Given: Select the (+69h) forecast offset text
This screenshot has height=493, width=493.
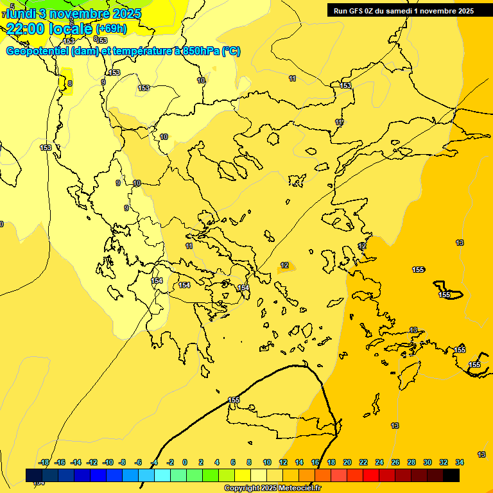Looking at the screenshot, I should point(111,29).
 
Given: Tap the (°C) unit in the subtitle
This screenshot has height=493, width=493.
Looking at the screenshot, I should point(231,51).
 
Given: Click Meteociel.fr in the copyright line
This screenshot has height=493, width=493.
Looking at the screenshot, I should point(298,489).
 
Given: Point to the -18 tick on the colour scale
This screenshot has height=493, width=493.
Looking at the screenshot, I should point(44,462).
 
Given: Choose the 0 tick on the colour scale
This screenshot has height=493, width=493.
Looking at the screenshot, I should point(185,462).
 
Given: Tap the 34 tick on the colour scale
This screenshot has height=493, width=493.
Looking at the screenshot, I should point(460,462).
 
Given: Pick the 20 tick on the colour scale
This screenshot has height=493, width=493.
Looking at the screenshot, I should point(347,462).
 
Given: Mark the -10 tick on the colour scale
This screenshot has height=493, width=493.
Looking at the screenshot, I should point(108,462).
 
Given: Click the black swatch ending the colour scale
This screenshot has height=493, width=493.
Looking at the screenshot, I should point(451,475).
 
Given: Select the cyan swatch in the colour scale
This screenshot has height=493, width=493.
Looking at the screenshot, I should point(162,475).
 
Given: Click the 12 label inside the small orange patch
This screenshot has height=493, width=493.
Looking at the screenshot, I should point(284,265).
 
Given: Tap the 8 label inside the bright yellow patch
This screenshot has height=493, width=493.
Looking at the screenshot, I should point(69,83).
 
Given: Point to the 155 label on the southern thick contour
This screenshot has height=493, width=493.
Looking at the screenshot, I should point(234,400).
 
